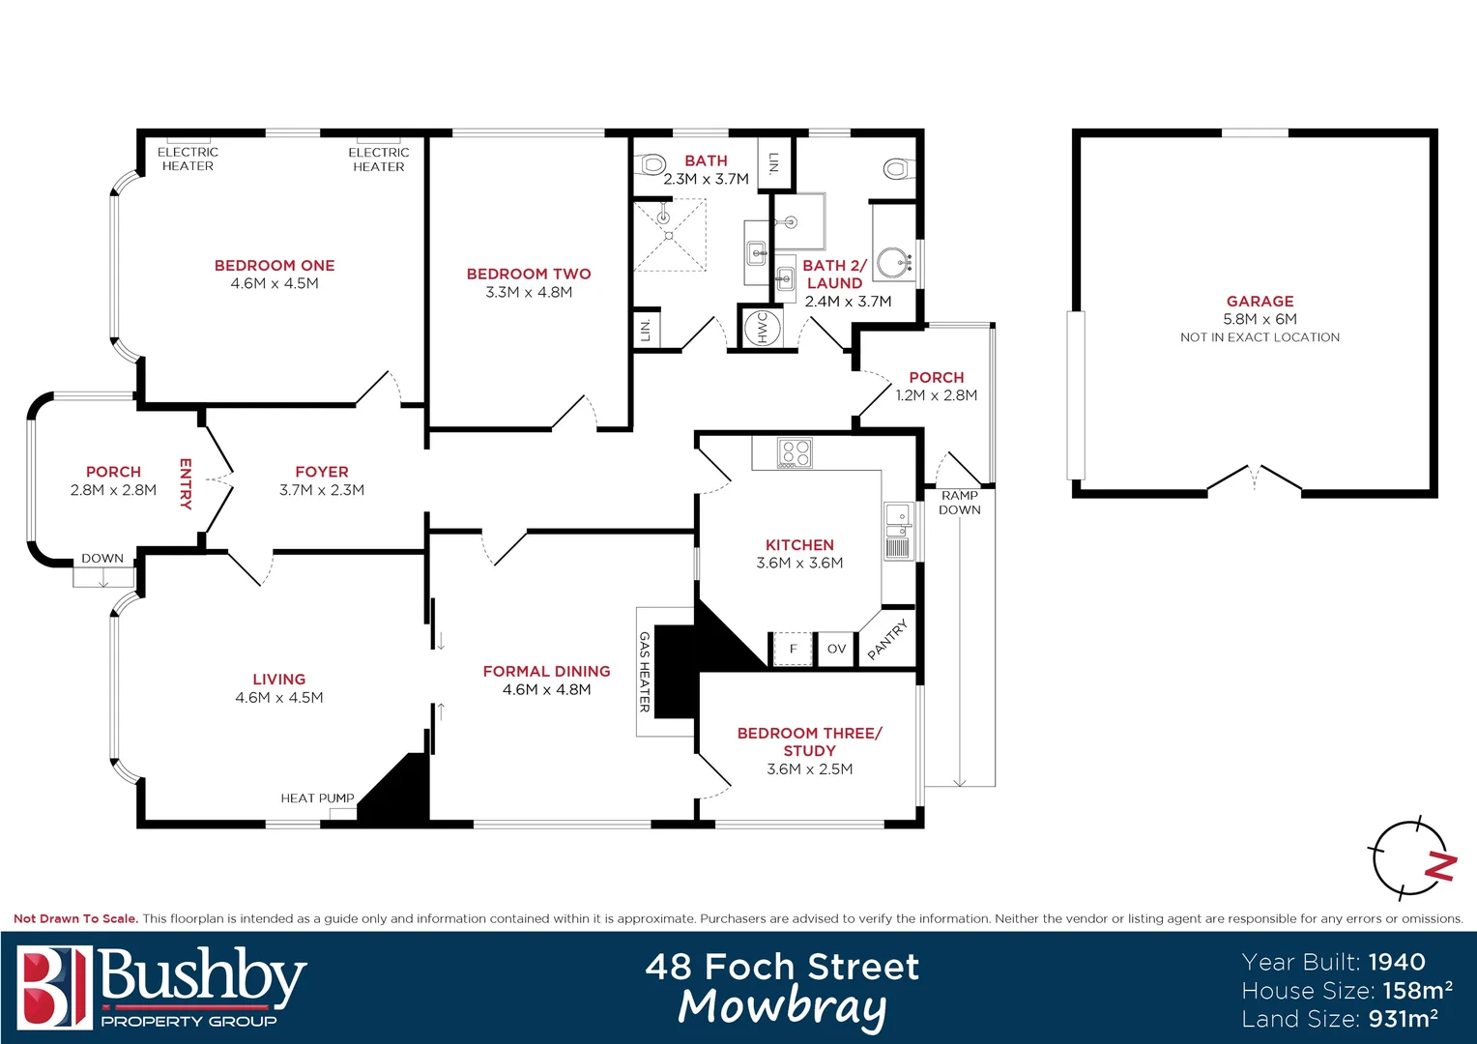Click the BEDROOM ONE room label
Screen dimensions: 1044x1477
coord(275,266)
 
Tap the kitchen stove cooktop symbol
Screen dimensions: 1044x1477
coord(796,453)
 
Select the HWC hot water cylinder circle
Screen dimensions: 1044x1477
coord(761,328)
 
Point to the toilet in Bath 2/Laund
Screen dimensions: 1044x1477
coord(897,170)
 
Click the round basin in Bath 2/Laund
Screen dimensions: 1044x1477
coord(895,262)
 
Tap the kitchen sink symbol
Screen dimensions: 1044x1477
coord(898,531)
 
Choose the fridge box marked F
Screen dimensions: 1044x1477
coord(793,649)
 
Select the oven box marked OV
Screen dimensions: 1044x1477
coord(836,649)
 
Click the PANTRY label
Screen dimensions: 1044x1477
coord(888,640)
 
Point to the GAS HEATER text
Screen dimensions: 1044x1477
coord(645,672)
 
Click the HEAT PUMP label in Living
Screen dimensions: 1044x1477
coord(317,798)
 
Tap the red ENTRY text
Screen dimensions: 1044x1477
coord(186,483)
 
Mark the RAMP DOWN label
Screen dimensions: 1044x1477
coord(959,503)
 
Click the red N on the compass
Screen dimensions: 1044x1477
coord(1440,866)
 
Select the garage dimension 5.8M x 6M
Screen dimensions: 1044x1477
coord(1260,319)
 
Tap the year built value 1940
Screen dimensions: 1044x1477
coord(1397,962)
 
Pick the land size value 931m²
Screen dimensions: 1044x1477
coord(1403,1019)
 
